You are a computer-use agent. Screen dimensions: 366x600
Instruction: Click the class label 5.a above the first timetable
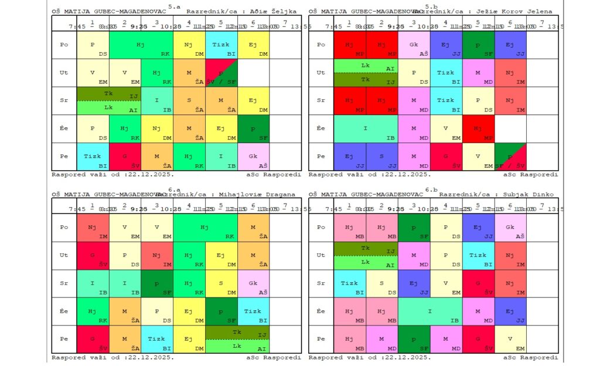pyautogui.click(x=175, y=6)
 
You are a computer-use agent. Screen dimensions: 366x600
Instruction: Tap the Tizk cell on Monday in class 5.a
pyautogui.click(x=221, y=45)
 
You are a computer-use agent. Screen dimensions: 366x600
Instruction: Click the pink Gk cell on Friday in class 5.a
pyautogui.click(x=253, y=157)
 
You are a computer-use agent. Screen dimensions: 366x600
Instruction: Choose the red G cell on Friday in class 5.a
pyautogui.click(x=125, y=157)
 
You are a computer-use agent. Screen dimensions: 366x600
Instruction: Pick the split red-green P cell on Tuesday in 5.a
pyautogui.click(x=221, y=73)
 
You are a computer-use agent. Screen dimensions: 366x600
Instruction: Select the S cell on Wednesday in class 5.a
pyautogui.click(x=189, y=101)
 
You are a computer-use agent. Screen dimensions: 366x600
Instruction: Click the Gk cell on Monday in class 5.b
pyautogui.click(x=414, y=45)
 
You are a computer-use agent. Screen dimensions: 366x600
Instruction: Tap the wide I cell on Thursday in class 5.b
pyautogui.click(x=366, y=129)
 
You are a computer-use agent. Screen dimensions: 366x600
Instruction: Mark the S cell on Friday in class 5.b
pyautogui.click(x=381, y=157)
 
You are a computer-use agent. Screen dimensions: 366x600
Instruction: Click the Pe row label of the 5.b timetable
pyautogui.click(x=321, y=157)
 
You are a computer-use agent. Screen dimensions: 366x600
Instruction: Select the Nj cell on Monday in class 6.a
pyautogui.click(x=93, y=228)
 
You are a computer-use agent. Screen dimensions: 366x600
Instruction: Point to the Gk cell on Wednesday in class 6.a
pyautogui.click(x=253, y=284)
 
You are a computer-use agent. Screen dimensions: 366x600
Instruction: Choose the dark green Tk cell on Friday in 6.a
pyautogui.click(x=237, y=333)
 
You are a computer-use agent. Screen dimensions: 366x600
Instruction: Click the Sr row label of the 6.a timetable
pyautogui.click(x=64, y=284)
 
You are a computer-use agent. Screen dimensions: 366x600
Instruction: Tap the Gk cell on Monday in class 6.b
pyautogui.click(x=510, y=228)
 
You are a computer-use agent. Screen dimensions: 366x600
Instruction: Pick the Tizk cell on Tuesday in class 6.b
pyautogui.click(x=478, y=256)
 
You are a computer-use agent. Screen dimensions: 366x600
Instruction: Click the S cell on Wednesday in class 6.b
pyautogui.click(x=381, y=284)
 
